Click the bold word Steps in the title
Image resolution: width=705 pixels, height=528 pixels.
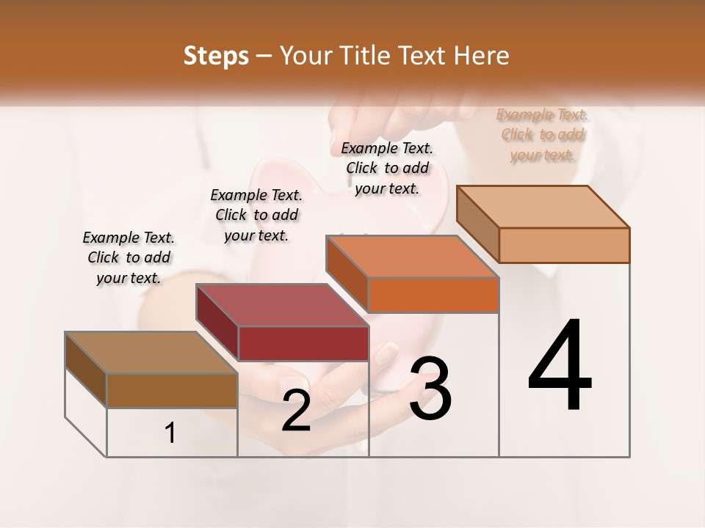(216, 56)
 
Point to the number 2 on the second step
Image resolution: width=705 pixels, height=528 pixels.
(296, 411)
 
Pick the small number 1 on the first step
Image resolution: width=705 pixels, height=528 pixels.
(170, 433)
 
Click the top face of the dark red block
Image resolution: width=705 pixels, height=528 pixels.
(281, 305)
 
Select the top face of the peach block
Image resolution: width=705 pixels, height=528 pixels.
(542, 207)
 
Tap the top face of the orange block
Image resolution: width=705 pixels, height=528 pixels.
(411, 257)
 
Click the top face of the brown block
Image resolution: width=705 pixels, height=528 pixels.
(151, 353)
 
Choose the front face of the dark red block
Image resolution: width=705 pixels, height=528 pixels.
(303, 343)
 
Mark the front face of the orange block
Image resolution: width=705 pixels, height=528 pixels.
(433, 295)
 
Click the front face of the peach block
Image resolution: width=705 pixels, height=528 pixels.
(564, 245)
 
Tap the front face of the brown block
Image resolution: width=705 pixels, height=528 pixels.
(172, 390)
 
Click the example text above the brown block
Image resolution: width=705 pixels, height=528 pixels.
(129, 257)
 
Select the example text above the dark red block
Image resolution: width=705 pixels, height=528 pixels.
(256, 215)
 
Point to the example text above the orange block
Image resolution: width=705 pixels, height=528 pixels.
(387, 168)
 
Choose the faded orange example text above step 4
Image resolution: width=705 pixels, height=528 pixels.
(543, 134)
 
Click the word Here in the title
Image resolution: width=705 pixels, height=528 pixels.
(485, 56)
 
